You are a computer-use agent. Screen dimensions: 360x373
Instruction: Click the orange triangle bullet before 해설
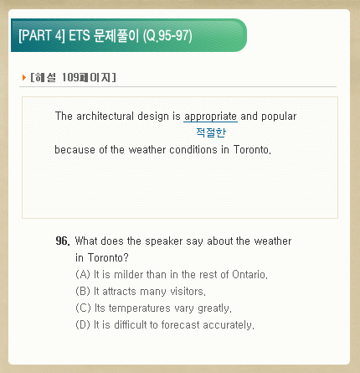coord(24,77)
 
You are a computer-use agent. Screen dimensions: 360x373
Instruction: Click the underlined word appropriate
coord(210,117)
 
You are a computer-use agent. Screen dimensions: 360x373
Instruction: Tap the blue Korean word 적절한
coord(211,132)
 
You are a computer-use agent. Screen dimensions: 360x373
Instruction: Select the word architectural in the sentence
coord(105,116)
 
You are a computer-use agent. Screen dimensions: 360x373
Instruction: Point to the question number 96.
coord(63,241)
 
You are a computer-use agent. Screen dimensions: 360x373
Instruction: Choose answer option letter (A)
coord(83,274)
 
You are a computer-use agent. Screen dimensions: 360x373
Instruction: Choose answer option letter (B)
coord(83,291)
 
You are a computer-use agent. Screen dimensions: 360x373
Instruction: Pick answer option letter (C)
coord(83,308)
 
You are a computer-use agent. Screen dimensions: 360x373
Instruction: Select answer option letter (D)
coord(83,324)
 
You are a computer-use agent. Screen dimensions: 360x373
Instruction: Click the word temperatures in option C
coord(139,308)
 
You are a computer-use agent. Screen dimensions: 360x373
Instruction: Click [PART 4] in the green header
coord(42,35)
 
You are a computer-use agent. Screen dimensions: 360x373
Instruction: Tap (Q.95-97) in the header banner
coord(167,36)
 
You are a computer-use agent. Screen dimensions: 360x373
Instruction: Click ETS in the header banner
coord(80,35)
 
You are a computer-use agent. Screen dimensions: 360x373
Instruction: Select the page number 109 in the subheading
coord(70,77)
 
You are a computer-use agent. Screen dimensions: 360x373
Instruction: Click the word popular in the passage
coord(279,117)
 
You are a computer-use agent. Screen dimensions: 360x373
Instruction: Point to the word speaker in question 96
coord(164,241)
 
